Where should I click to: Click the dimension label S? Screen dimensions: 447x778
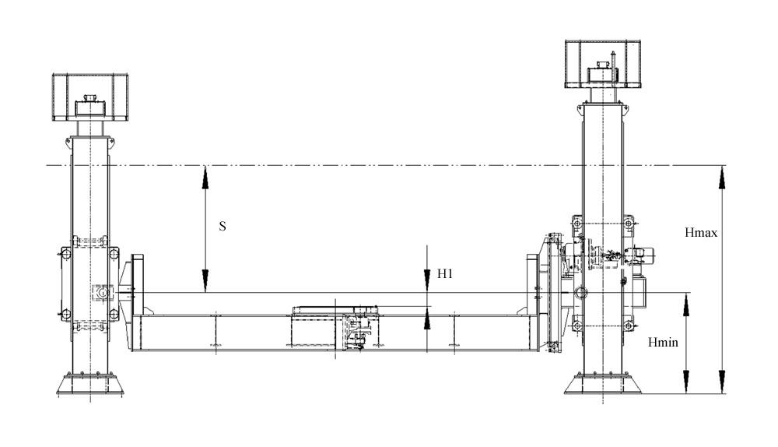coord(223,226)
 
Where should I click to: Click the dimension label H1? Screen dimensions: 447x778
coord(445,273)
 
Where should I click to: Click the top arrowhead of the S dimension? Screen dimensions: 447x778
coord(205,176)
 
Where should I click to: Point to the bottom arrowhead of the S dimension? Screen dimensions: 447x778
coord(205,283)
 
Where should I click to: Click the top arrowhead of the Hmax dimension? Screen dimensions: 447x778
coord(722,176)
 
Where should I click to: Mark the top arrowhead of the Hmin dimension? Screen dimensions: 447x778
coord(685,304)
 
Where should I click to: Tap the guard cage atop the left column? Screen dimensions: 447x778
coord(90,97)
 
